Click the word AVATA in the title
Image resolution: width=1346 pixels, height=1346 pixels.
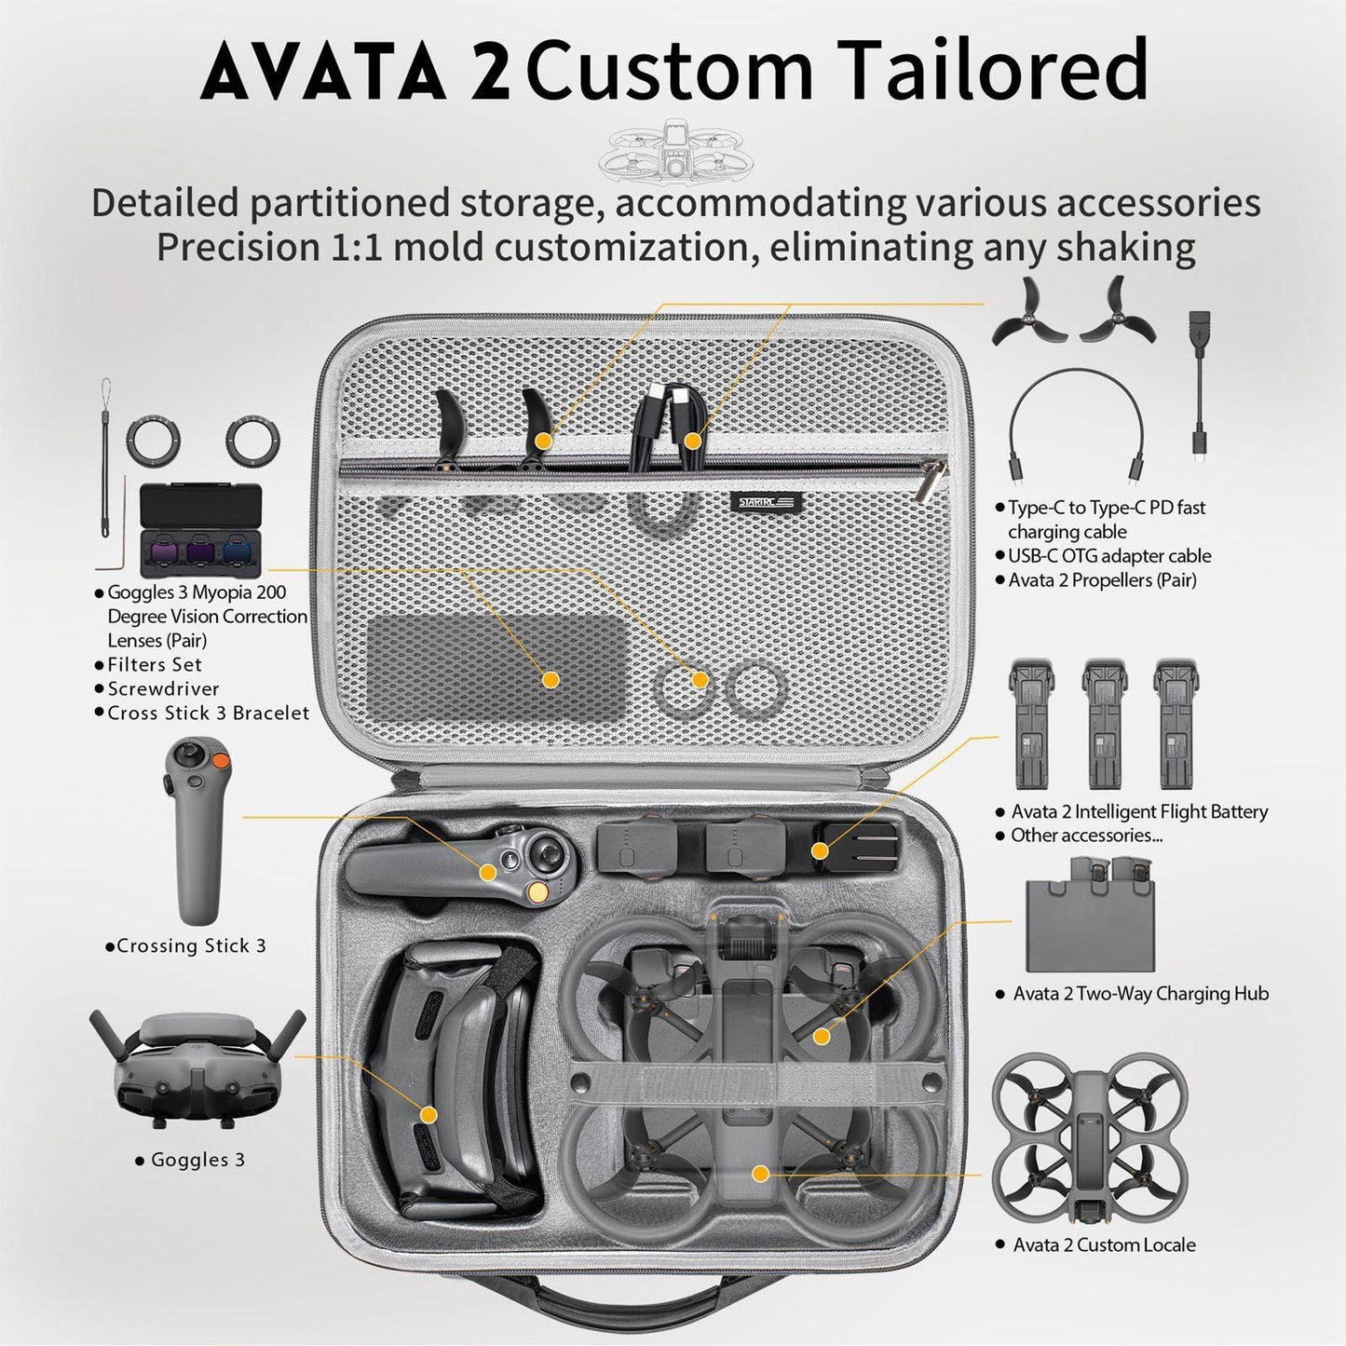321,73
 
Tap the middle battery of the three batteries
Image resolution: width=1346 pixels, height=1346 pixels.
1104,724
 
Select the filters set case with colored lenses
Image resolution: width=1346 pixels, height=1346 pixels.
200,531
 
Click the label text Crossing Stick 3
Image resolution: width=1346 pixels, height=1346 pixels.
191,946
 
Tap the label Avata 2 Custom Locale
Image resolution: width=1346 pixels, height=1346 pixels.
1104,1245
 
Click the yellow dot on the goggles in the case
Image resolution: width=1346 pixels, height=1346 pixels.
428,1114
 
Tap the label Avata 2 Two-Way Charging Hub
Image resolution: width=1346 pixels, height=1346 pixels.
1140,994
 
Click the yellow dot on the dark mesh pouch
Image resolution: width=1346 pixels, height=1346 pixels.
551,679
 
